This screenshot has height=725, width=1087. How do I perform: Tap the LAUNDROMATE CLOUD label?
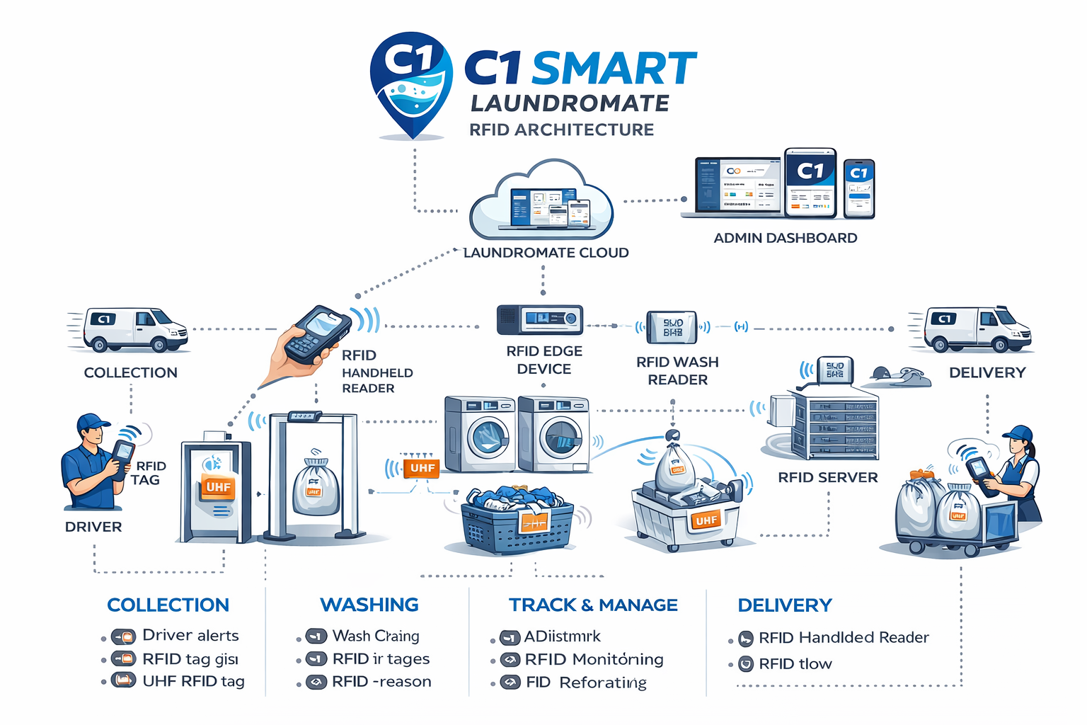pyautogui.click(x=546, y=253)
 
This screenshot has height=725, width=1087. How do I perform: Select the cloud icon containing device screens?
pyautogui.click(x=542, y=201)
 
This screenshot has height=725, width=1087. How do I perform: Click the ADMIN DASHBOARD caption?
pyautogui.click(x=785, y=238)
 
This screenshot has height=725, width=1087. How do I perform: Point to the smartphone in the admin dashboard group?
pyautogui.click(x=859, y=188)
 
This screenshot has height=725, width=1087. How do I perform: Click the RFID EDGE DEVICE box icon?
pyautogui.click(x=540, y=319)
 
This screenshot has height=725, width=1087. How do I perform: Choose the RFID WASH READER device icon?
pyautogui.click(x=672, y=327)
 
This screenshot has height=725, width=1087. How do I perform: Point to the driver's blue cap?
pyautogui.click(x=93, y=423)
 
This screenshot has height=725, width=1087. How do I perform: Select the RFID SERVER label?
pyautogui.click(x=827, y=477)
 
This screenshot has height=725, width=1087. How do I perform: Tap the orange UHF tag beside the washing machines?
pyautogui.click(x=422, y=468)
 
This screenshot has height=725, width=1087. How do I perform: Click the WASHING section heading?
pyautogui.click(x=369, y=605)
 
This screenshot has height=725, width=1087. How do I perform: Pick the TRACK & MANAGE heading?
pyautogui.click(x=593, y=605)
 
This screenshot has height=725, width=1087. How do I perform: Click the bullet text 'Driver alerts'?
pyautogui.click(x=190, y=635)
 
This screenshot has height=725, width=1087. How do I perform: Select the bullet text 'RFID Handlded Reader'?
pyautogui.click(x=844, y=637)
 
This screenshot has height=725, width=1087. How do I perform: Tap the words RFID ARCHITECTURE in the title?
pyautogui.click(x=561, y=130)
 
